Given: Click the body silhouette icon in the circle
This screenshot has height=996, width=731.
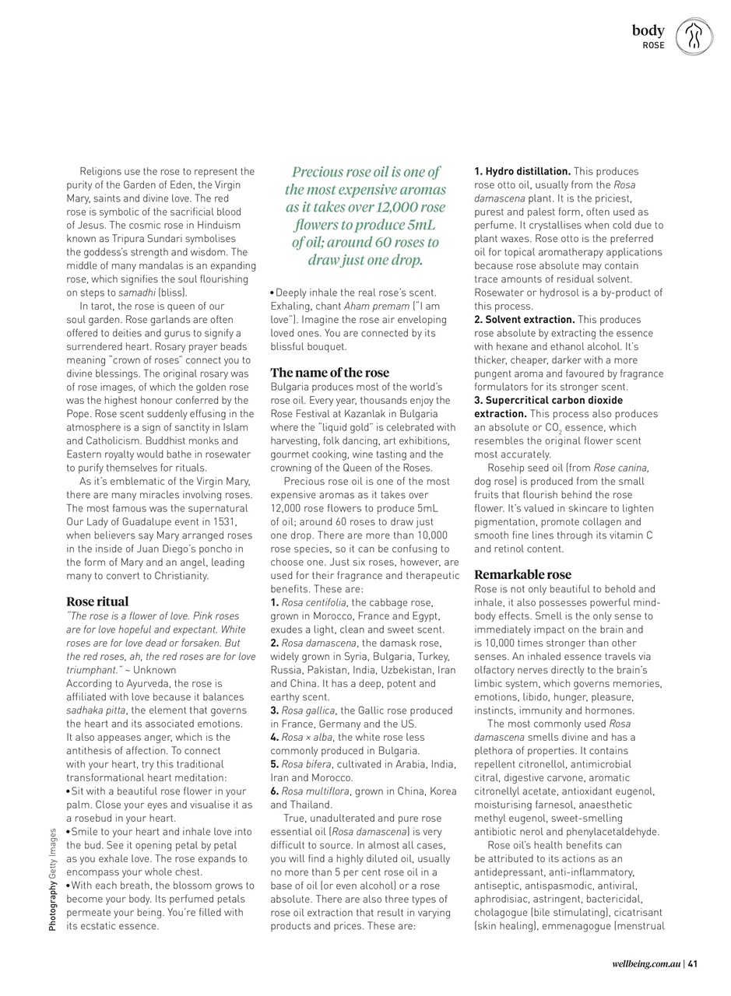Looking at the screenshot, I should pyautogui.click(x=694, y=37).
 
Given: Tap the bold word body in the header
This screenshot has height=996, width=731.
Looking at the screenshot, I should pyautogui.click(x=648, y=30).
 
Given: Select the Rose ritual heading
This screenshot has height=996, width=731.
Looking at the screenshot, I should pyautogui.click(x=97, y=601).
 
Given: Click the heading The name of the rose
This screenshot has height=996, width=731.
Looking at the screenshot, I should pyautogui.click(x=329, y=373).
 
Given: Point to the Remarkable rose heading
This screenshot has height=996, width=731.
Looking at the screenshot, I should pyautogui.click(x=522, y=575).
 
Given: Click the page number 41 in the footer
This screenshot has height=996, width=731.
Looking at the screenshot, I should pyautogui.click(x=692, y=964).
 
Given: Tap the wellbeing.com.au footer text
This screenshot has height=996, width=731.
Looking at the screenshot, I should pyautogui.click(x=645, y=964).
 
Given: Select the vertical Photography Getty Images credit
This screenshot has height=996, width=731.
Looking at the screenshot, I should pyautogui.click(x=53, y=879).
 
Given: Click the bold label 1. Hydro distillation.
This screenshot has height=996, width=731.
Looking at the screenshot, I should pyautogui.click(x=522, y=171).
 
